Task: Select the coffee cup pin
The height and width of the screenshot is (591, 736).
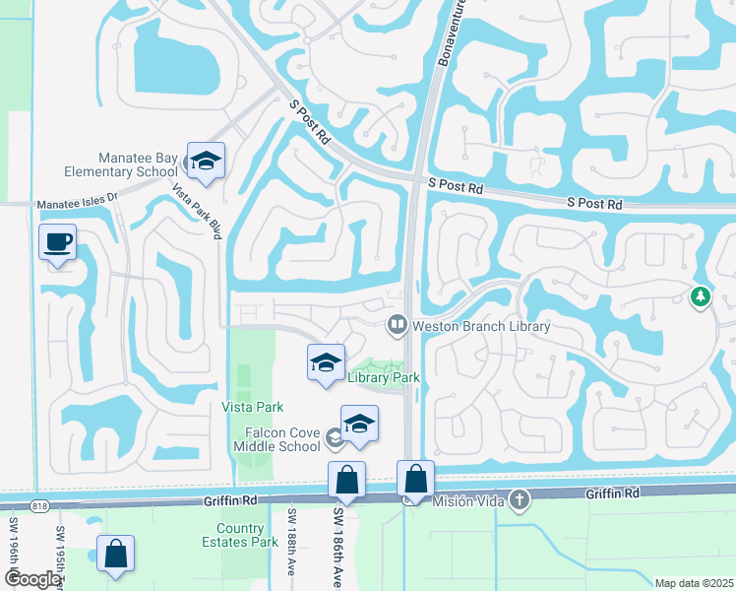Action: (x=58, y=242)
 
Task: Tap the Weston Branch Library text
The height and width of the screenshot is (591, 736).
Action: (x=481, y=325)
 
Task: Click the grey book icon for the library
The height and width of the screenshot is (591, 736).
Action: (x=398, y=323)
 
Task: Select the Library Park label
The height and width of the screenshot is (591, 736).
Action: (x=384, y=377)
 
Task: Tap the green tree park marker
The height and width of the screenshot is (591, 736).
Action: (x=700, y=296)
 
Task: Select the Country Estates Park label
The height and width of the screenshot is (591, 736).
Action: (x=248, y=535)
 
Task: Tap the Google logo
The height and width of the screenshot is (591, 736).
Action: (x=33, y=579)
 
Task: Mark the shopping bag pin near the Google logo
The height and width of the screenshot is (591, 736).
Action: (x=116, y=555)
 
